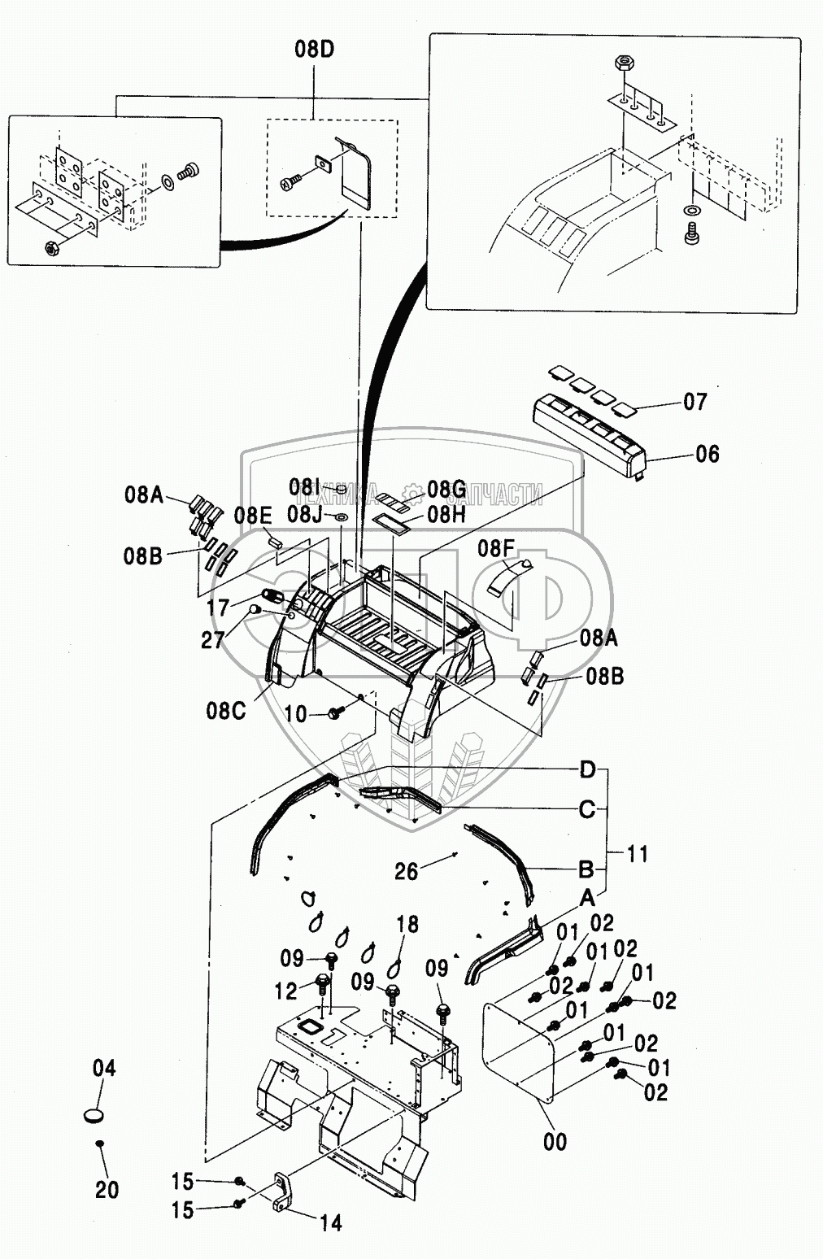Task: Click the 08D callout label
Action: coord(314,50)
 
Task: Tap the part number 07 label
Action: coord(695,402)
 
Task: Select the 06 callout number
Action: coord(707,454)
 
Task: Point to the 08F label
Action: coord(495,548)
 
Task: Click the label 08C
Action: coord(225,710)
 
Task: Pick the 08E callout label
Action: coord(253,515)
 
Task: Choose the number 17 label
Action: coord(218,608)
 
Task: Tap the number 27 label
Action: coord(213,640)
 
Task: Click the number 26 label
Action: coord(406,871)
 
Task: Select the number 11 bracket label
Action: coord(637,854)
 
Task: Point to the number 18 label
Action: coord(407,924)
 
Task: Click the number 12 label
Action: coord(286,991)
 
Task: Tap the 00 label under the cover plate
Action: coord(555,1142)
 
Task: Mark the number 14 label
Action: coord(330,1222)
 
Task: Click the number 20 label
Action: coord(107,1190)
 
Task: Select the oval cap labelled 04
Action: coord(96,1115)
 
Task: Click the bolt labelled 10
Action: coord(335,713)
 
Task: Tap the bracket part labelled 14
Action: coord(281,1191)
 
